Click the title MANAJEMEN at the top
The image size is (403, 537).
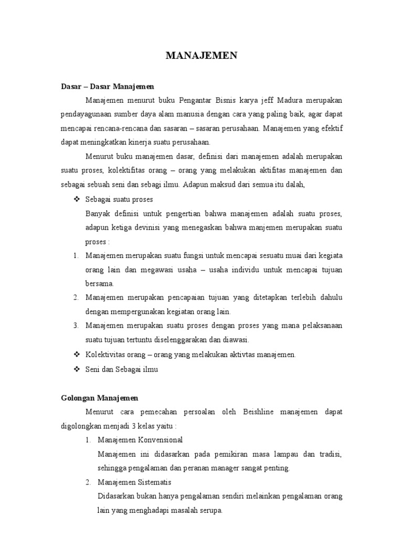click(201, 56)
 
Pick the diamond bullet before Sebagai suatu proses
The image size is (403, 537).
click(76, 199)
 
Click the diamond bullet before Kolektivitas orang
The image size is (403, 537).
click(76, 355)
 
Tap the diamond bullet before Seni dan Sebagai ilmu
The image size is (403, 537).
click(76, 369)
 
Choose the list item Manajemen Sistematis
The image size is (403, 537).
click(134, 482)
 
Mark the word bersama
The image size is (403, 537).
click(99, 284)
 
